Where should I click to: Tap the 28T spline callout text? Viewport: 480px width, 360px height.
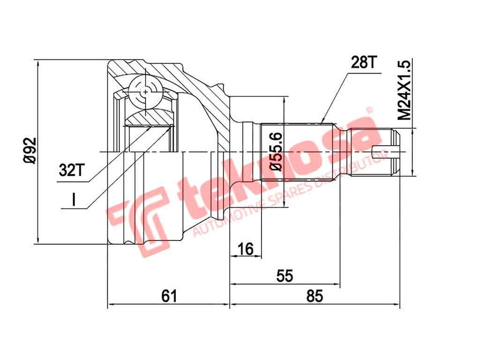[360, 62]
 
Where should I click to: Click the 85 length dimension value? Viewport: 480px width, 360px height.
[315, 296]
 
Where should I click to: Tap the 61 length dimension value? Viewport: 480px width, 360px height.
[168, 296]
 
